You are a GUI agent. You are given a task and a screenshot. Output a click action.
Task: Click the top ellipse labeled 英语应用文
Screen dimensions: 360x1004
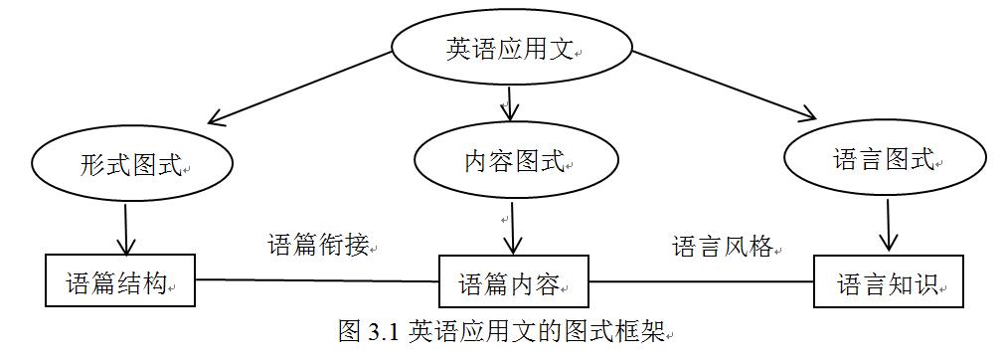[x=508, y=49]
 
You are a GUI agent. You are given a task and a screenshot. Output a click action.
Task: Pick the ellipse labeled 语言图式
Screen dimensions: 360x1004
[x=886, y=159]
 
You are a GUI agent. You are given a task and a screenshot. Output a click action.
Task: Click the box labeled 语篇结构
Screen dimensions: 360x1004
[x=120, y=280]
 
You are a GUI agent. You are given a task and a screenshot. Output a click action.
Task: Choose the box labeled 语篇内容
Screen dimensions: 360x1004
[x=513, y=282]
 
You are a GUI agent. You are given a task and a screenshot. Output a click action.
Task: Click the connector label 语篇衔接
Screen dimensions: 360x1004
[x=318, y=245]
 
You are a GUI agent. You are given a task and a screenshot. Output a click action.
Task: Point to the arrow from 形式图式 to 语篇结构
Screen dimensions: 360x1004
[x=126, y=228]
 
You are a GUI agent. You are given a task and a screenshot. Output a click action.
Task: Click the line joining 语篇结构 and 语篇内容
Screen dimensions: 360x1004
[x=317, y=279]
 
